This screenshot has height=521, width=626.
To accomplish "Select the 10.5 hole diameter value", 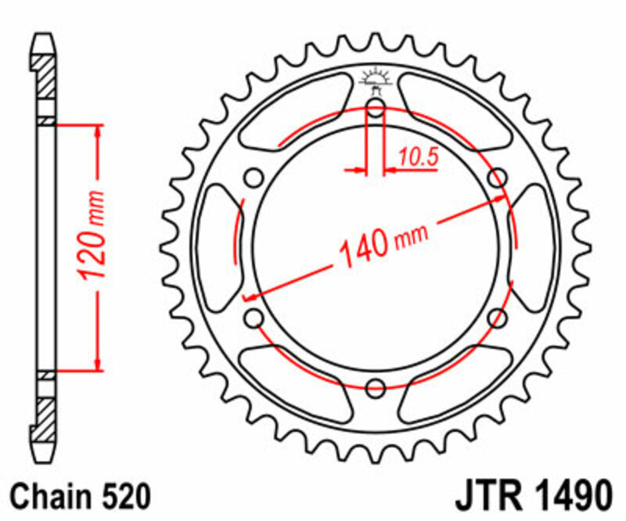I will click(416, 157).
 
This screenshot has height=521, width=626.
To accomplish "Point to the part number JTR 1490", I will click(531, 496).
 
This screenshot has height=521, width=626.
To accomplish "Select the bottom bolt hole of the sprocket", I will click(376, 386).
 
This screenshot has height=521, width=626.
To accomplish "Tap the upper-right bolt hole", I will click(496, 178).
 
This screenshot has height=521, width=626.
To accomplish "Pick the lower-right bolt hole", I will click(496, 317).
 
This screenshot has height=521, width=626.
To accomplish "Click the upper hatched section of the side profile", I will click(46, 77).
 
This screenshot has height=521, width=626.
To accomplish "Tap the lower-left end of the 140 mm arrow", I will click(249, 296).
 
